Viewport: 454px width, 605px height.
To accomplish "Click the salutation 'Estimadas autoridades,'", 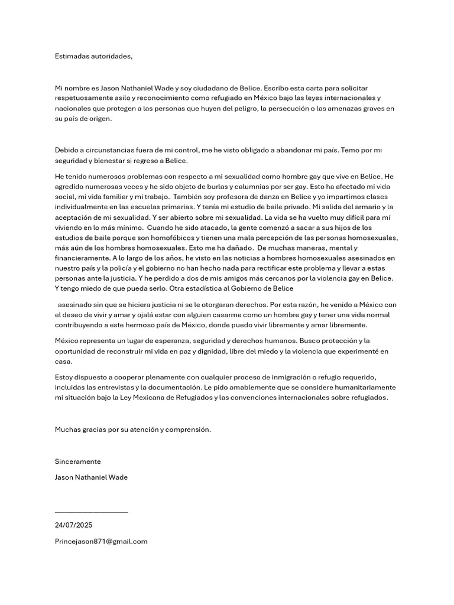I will [x=94, y=56].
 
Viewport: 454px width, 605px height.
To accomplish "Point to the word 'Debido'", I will [x=66, y=150].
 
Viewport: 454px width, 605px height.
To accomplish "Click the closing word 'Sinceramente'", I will [x=77, y=461].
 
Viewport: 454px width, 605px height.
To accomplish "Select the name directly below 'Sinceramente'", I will [x=90, y=477].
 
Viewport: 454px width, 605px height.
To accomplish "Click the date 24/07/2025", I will [x=73, y=525].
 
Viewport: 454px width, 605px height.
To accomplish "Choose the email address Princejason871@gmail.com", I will [x=100, y=541].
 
